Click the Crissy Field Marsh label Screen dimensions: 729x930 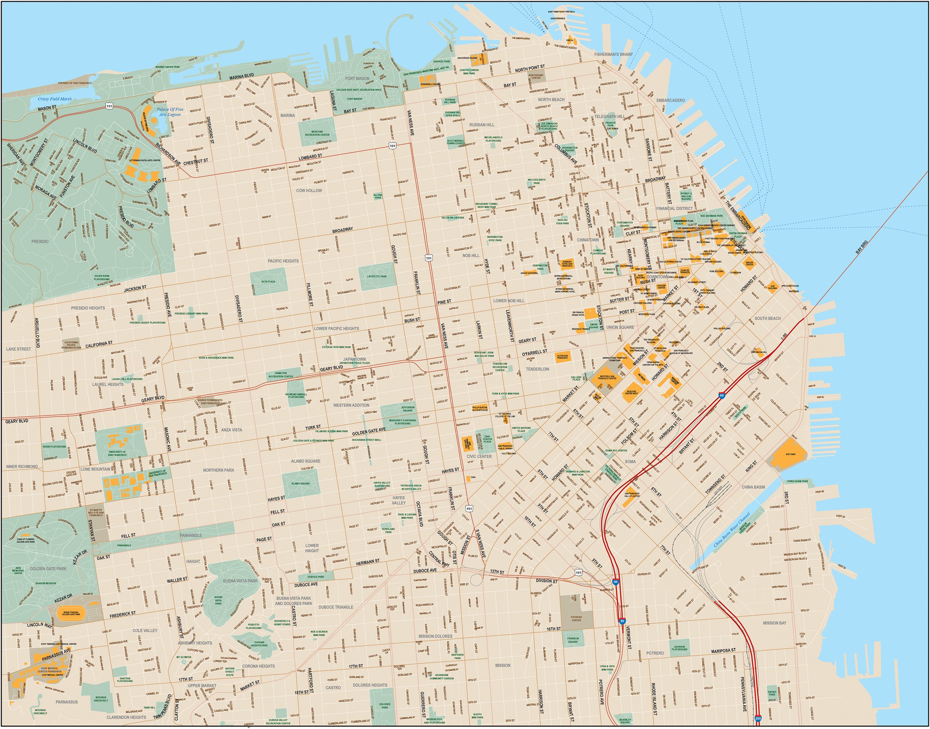(55, 99)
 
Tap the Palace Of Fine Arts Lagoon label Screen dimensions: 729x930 (170, 112)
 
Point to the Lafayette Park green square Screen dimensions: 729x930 (376, 276)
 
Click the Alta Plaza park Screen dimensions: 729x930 (268, 281)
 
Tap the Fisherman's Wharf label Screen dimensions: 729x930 (613, 54)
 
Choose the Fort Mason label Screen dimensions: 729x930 (357, 78)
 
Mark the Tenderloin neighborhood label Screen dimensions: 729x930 (537, 369)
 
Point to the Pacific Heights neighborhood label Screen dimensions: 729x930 (283, 261)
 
